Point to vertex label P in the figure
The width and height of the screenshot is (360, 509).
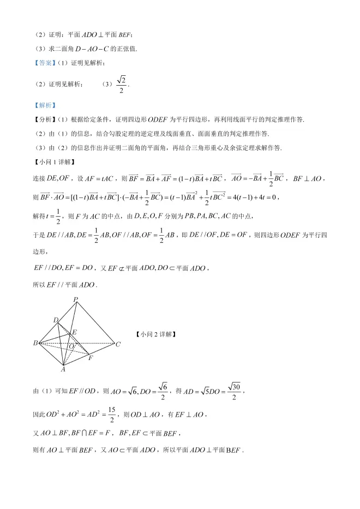(x=76, y=300)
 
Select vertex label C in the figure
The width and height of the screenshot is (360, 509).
(x=118, y=344)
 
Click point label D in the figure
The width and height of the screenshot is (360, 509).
(x=55, y=320)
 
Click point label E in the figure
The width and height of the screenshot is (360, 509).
(x=75, y=332)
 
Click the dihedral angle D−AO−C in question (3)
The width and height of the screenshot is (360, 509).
(x=79, y=49)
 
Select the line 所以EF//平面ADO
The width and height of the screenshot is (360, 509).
(x=65, y=285)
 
